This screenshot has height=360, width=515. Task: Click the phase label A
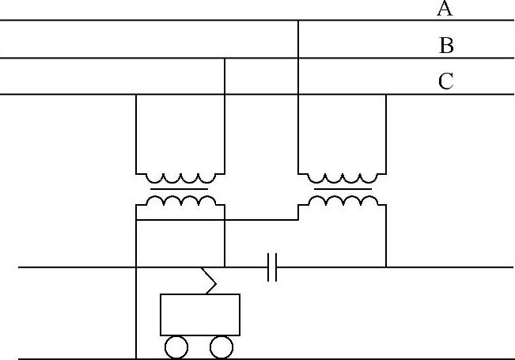(x=445, y=9)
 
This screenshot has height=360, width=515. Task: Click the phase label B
(x=446, y=46)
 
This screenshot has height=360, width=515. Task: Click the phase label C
(x=446, y=81)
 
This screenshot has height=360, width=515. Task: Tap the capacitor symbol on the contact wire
(x=272, y=267)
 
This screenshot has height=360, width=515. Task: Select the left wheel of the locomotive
(x=176, y=347)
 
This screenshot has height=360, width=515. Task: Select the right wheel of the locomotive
(x=222, y=347)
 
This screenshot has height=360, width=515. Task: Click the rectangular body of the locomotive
(x=199, y=314)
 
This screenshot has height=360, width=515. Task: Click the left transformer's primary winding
(x=180, y=177)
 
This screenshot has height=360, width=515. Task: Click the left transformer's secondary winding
(x=180, y=201)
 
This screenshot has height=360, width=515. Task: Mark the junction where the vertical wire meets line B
(x=225, y=59)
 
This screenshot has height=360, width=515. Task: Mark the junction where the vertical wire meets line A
(x=298, y=21)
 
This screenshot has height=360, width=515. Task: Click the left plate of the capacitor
(x=269, y=267)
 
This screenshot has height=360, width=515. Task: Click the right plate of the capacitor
(x=276, y=267)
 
